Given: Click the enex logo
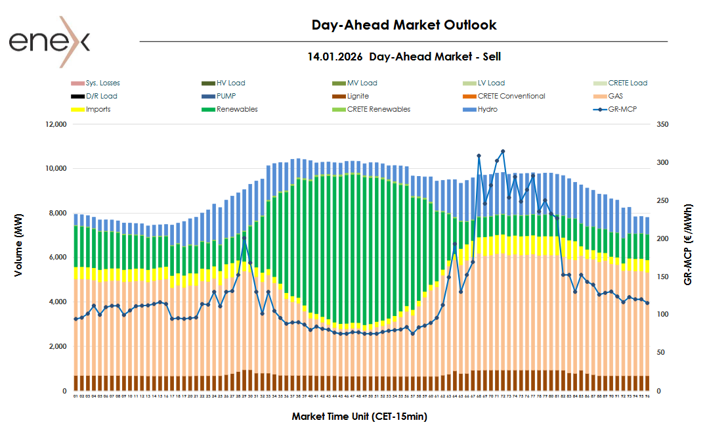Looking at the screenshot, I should coord(49,41).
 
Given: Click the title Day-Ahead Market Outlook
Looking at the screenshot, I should coord(404,25).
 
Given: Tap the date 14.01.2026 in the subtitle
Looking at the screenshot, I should coord(335,57).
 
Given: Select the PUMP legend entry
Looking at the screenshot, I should coord(226,96).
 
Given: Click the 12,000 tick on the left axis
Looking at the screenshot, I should coord(55,124).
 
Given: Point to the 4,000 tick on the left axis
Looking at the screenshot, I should coord(57,302).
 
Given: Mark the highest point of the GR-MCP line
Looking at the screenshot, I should coord(503,151).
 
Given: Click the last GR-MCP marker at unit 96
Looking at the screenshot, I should coord(648,303).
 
